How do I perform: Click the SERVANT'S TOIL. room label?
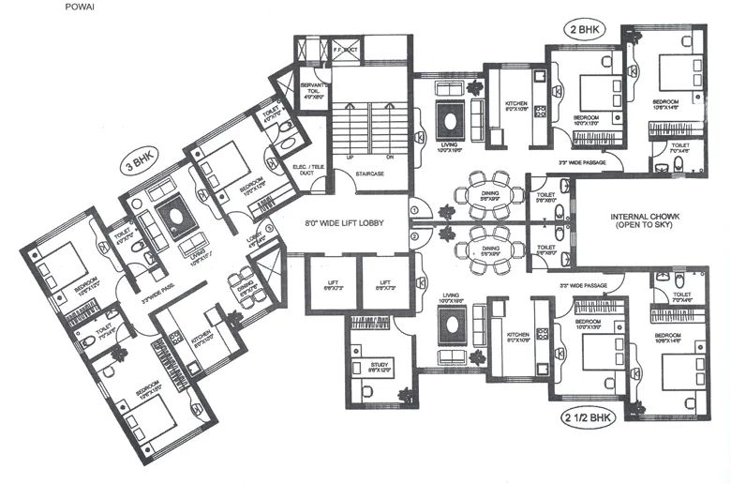[311, 88]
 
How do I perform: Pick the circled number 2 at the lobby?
[413, 236]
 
